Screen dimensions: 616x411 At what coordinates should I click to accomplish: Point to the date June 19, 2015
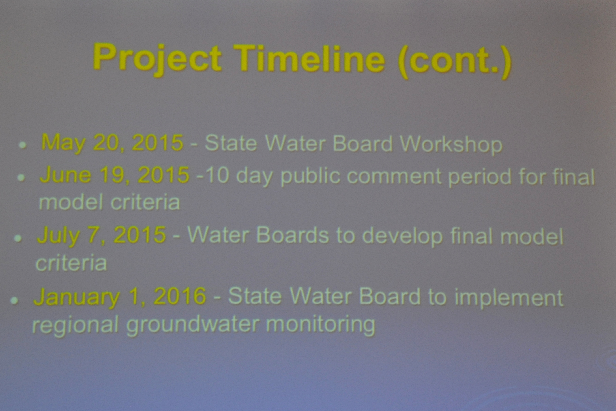pos(115,175)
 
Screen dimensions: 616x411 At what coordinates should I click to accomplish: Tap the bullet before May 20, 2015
pos(23,145)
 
